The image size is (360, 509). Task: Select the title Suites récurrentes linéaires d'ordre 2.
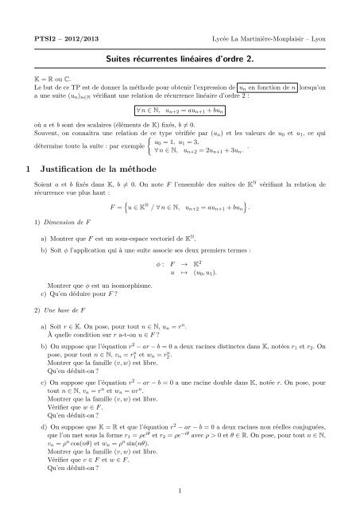click(180, 48)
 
